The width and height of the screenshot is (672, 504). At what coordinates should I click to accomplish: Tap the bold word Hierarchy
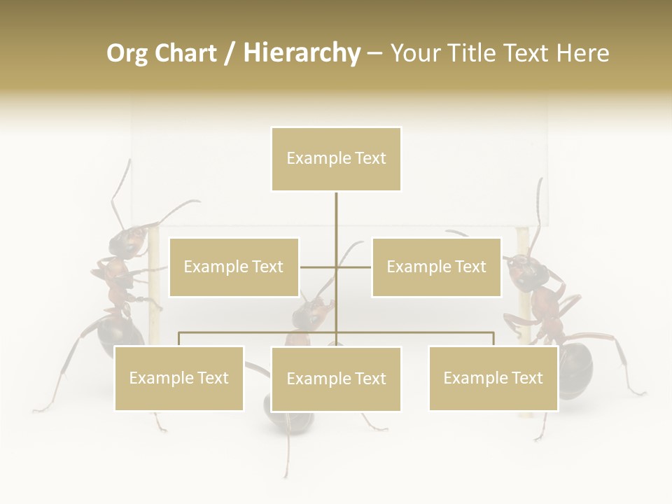[302, 53]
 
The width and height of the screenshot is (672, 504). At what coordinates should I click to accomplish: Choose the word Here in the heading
[582, 53]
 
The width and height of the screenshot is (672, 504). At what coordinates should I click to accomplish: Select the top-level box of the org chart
[336, 159]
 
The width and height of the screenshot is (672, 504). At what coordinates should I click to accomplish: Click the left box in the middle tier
[234, 267]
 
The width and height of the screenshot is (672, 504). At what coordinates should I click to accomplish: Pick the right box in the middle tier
[436, 267]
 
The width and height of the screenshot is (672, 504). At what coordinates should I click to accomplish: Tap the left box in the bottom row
[178, 379]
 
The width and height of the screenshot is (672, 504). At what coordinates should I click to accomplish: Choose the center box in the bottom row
[336, 379]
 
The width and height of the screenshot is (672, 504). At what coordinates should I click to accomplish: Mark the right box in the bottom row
[493, 379]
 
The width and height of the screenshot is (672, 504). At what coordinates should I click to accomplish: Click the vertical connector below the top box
[336, 224]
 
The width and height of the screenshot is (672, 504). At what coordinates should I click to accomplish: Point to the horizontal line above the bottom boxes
[420, 333]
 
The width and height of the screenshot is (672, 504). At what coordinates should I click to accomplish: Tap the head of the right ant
[524, 269]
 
